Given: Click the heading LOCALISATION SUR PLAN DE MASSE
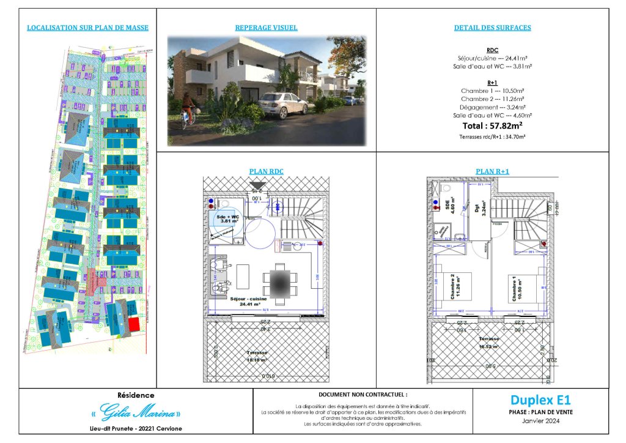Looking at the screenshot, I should click(88, 28).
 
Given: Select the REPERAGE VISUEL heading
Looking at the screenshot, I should click(266, 28).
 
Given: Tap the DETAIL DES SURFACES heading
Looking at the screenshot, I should click(492, 28).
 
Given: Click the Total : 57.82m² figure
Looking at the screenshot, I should click(492, 125).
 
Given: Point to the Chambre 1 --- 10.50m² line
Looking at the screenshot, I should click(492, 91).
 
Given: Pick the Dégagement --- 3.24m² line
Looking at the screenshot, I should click(492, 107).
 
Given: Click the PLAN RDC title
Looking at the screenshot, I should click(266, 172).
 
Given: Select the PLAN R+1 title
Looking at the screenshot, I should click(492, 172).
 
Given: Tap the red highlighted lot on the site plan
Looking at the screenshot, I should click(133, 324).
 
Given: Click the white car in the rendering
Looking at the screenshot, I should click(282, 105).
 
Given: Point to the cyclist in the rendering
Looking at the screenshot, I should click(189, 116).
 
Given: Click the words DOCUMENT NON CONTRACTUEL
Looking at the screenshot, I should click(363, 396).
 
